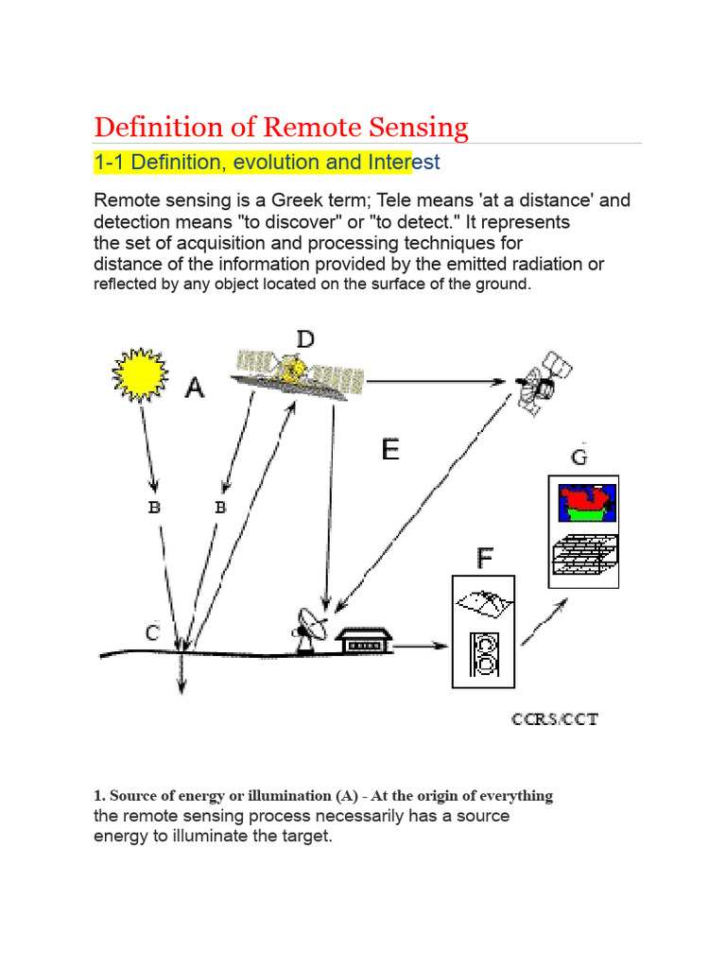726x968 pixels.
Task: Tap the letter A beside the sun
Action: [193, 387]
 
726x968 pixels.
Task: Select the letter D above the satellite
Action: [305, 338]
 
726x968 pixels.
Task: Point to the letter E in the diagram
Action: [390, 449]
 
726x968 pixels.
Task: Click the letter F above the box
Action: [484, 559]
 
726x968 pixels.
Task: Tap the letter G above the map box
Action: [579, 458]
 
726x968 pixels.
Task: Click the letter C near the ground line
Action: [152, 632]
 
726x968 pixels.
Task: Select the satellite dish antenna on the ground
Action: [309, 628]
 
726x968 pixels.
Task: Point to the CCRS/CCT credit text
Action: [555, 719]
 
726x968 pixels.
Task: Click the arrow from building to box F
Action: [423, 647]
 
